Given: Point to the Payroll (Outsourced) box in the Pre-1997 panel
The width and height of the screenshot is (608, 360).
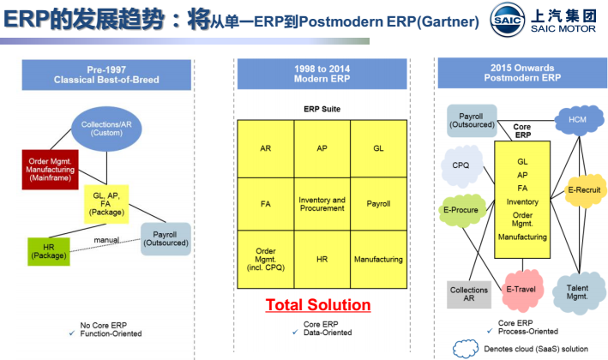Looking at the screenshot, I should click(x=166, y=238).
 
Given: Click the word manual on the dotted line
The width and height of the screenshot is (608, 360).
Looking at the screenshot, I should click(x=106, y=240).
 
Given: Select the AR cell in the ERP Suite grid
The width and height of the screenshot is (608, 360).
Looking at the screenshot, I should click(x=265, y=148).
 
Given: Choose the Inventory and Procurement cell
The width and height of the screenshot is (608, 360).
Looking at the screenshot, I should click(x=322, y=204).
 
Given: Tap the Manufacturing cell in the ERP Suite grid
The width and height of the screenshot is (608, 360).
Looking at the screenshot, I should click(x=378, y=260).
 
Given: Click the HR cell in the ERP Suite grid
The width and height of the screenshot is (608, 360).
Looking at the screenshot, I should click(x=322, y=260).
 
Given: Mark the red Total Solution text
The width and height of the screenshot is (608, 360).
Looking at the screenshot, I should click(x=317, y=305).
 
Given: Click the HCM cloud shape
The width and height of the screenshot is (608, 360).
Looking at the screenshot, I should click(x=576, y=121).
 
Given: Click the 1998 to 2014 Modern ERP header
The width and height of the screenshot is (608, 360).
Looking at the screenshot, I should click(x=322, y=74).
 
